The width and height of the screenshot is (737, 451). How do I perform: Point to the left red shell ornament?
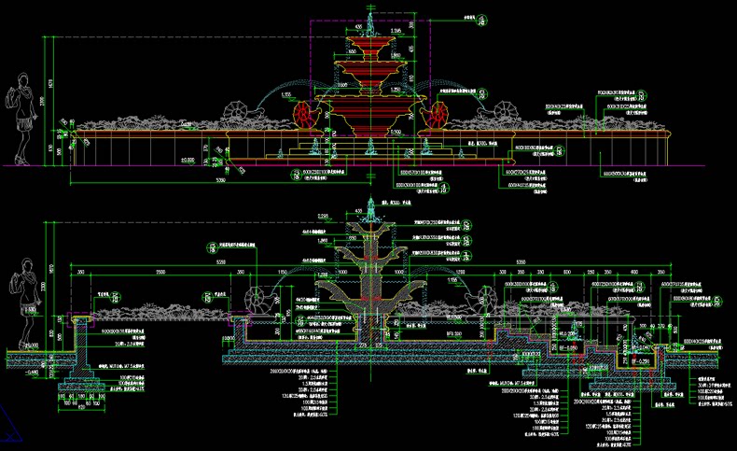pyautogui.click(x=305, y=116)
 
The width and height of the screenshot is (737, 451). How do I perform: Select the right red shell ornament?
pyautogui.click(x=437, y=116)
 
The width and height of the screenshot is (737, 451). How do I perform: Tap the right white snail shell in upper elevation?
pyautogui.click(x=506, y=113)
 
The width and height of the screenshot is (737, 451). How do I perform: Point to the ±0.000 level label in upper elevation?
pyautogui.click(x=188, y=161)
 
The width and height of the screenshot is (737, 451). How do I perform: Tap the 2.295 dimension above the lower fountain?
pyautogui.click(x=322, y=218)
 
